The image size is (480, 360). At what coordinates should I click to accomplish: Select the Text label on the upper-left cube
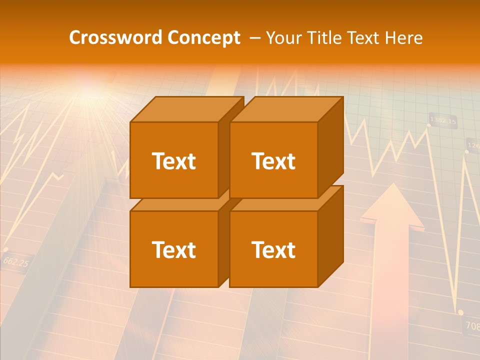(x=173, y=161)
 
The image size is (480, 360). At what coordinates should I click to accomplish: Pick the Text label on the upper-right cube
(x=273, y=161)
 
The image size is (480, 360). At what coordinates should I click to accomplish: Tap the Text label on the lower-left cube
(x=173, y=249)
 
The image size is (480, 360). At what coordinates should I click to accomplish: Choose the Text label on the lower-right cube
(x=273, y=249)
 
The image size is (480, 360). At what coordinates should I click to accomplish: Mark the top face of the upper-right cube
(x=286, y=109)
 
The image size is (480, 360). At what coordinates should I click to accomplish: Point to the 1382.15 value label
(x=443, y=120)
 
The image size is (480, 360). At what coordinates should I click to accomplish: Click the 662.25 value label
(x=15, y=261)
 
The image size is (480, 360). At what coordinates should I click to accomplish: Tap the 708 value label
(x=472, y=326)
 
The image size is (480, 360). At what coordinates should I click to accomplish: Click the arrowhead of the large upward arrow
(x=392, y=205)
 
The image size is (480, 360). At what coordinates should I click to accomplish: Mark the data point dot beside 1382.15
(x=428, y=124)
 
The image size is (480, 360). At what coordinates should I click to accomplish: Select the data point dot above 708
(x=460, y=312)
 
